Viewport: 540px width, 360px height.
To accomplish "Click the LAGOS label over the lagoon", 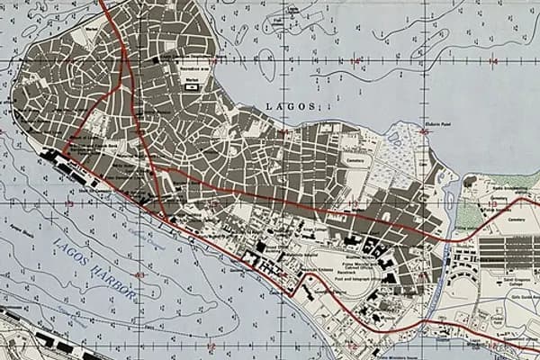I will (x=291, y=106).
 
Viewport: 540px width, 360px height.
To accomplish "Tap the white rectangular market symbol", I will (x=192, y=87).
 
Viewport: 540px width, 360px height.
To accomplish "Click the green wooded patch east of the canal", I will (x=468, y=213).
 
